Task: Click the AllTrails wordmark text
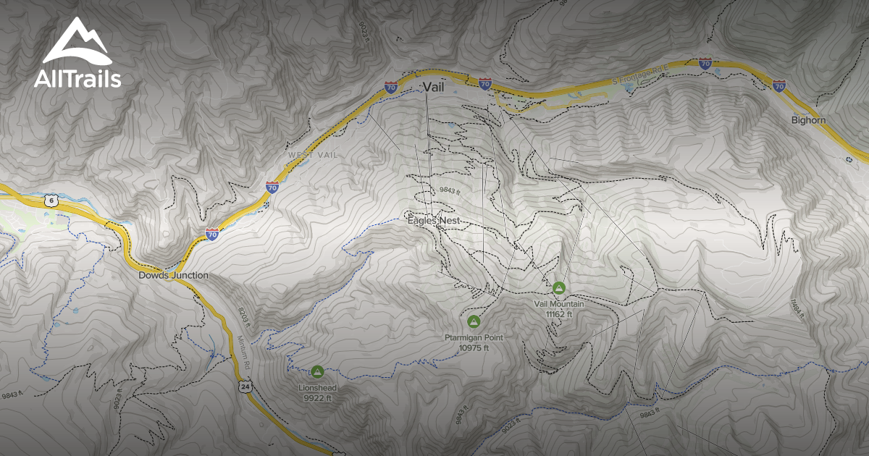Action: (77, 78)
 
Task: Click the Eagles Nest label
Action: (434, 220)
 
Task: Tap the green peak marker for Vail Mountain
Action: (558, 288)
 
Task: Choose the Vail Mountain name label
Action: (558, 304)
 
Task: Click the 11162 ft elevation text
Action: (558, 314)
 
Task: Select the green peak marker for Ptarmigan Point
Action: (474, 321)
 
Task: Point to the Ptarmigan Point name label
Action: (474, 337)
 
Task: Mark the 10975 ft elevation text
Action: (474, 347)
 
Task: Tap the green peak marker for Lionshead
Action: (316, 371)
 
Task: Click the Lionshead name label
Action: (317, 388)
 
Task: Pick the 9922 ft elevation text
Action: (317, 398)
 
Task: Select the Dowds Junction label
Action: (173, 275)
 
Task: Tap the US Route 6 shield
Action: (49, 201)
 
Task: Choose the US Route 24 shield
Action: (245, 388)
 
